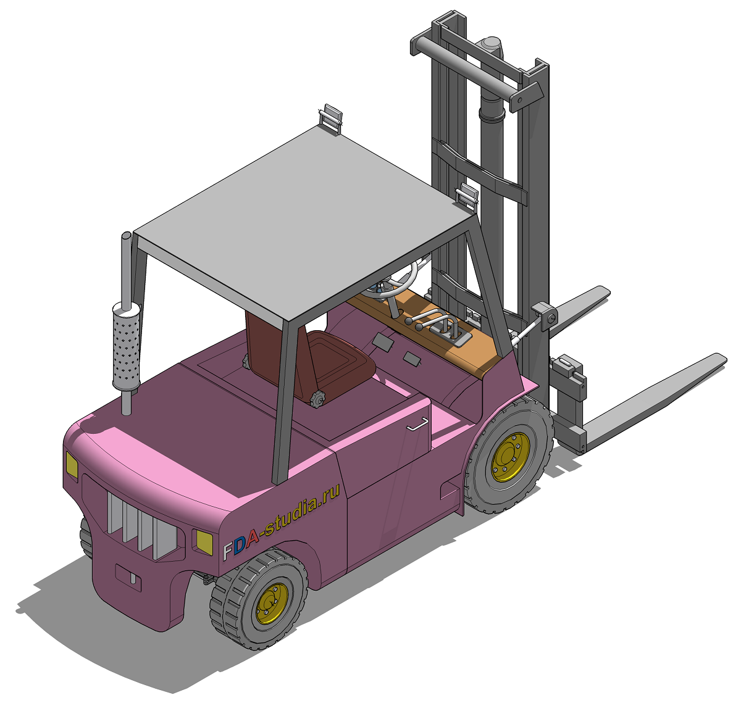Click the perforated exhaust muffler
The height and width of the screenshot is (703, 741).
126,345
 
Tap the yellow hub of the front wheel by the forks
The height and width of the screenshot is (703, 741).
510,457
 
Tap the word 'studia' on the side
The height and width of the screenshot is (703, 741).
290,515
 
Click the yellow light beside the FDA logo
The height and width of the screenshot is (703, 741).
204,542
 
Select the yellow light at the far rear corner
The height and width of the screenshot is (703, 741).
72,465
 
